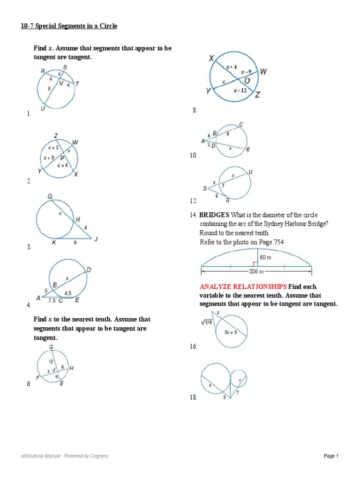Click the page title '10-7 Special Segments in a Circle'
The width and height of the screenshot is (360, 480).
tap(69, 26)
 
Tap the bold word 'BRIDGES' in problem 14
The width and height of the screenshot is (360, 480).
tap(214, 215)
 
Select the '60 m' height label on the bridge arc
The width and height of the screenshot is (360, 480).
tap(266, 257)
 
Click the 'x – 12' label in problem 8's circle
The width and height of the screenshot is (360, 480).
tap(240, 90)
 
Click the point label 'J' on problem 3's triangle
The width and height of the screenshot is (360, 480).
tap(96, 240)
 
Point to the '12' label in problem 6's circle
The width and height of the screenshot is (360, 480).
tap(51, 361)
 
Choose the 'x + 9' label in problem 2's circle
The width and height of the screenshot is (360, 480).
tap(49, 157)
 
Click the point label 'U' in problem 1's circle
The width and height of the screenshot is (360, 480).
tap(43, 108)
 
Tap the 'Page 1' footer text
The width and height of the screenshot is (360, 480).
tap(331, 456)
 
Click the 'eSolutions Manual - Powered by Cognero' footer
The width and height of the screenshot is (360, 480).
tap(65, 456)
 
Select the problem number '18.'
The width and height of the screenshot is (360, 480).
tap(194, 397)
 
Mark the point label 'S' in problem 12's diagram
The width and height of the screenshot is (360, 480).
tap(204, 188)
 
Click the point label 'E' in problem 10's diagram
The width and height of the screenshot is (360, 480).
tap(248, 150)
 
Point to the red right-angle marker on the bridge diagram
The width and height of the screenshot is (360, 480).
tap(255, 264)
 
